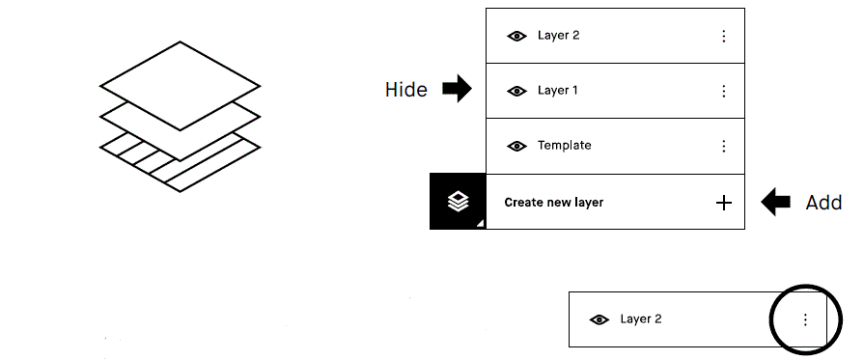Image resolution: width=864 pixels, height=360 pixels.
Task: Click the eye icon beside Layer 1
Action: click(517, 91)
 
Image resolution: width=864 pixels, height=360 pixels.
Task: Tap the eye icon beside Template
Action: click(517, 146)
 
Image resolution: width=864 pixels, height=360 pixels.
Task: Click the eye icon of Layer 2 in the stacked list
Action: click(517, 36)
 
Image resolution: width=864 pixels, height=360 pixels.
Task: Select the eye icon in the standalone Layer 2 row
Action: click(599, 319)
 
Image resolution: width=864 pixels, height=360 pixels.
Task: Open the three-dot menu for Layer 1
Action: click(724, 91)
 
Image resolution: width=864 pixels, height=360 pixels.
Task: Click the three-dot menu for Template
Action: click(724, 146)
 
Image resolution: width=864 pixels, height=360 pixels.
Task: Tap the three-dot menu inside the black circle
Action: click(806, 319)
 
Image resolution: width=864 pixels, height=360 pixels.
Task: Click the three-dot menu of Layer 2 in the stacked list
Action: click(724, 36)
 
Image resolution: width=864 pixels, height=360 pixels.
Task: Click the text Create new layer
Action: click(553, 203)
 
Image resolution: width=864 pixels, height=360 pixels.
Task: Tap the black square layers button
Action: click(458, 202)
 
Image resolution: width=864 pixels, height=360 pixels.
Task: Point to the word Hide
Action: click(405, 90)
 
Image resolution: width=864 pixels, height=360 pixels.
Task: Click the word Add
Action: click(823, 203)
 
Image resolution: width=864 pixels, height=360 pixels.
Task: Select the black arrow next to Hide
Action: click(457, 90)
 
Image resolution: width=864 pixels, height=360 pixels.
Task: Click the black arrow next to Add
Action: click(776, 202)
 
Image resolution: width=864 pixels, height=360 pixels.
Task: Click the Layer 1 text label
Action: click(558, 91)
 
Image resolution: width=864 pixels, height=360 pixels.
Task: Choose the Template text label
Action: click(564, 146)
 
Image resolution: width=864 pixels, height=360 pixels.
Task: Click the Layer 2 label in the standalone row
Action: click(641, 319)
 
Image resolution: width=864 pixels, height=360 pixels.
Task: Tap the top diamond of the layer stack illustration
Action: click(181, 85)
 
